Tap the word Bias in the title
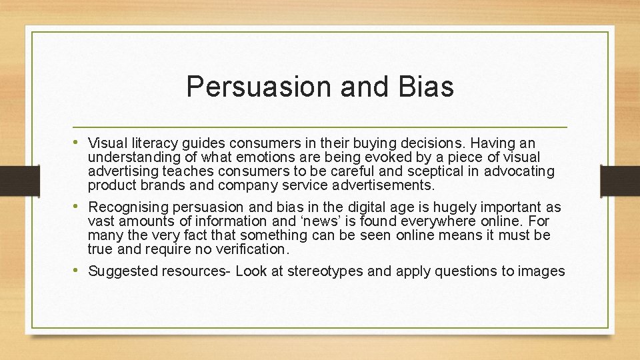point(427,87)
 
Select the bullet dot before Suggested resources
point(79,271)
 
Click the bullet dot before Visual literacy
point(79,143)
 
